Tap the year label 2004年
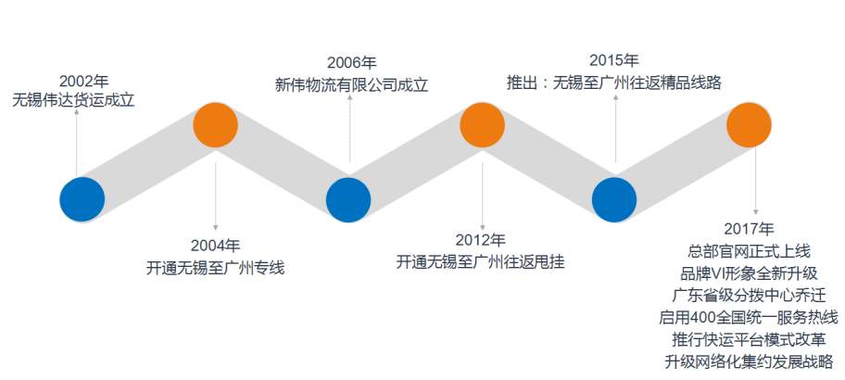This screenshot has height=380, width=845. pyautogui.click(x=216, y=246)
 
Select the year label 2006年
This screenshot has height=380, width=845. pyautogui.click(x=352, y=63)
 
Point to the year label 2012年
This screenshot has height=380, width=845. pyautogui.click(x=481, y=240)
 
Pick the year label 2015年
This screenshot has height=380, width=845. pyautogui.click(x=613, y=60)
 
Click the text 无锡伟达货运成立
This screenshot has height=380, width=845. pyautogui.click(x=73, y=100)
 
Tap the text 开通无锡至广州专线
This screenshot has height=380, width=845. pyautogui.click(x=216, y=268)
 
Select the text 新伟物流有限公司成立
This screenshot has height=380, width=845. pyautogui.click(x=352, y=85)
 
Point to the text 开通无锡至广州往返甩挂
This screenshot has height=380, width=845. pyautogui.click(x=481, y=262)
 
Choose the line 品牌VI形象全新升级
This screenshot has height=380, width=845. pyautogui.click(x=749, y=273)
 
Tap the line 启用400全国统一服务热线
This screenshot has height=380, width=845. pyautogui.click(x=749, y=318)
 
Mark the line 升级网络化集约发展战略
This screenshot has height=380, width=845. pyautogui.click(x=749, y=361)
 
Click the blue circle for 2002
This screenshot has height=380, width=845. pyautogui.click(x=82, y=199)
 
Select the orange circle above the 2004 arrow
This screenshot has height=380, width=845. pyautogui.click(x=216, y=125)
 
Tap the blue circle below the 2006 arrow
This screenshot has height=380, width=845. pyautogui.click(x=348, y=199)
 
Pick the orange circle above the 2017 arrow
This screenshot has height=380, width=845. pyautogui.click(x=749, y=125)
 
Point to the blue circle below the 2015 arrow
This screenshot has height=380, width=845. pyautogui.click(x=614, y=199)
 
